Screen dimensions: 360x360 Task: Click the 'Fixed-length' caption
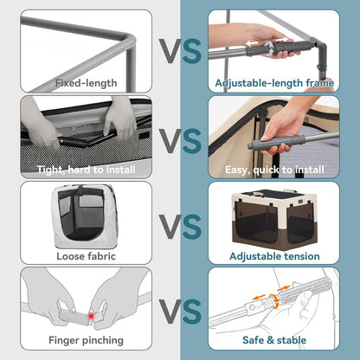[86, 83]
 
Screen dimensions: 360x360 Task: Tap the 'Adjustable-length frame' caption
[274, 83]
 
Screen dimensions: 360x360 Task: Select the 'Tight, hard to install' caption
[86, 170]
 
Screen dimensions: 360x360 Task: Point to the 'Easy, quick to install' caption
[274, 170]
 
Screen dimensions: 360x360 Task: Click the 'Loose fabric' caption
[86, 256]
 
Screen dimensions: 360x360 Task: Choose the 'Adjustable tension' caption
[274, 256]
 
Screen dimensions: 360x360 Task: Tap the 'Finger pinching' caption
[86, 340]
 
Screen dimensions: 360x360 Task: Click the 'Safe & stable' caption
[274, 340]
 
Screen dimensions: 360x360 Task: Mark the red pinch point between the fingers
[91, 316]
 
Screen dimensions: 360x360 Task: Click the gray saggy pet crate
[84, 216]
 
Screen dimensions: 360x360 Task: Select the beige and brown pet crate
[273, 217]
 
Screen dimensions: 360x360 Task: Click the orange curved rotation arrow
[274, 301]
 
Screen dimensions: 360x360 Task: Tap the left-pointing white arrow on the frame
[252, 44]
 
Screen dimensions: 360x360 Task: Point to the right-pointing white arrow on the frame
[282, 40]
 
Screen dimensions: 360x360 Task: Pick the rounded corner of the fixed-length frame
[131, 40]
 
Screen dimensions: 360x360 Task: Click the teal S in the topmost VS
[191, 51]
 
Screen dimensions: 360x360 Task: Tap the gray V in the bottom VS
[170, 312]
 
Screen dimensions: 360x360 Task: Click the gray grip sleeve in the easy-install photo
[279, 141]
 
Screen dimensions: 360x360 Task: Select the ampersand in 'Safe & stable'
[270, 340]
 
